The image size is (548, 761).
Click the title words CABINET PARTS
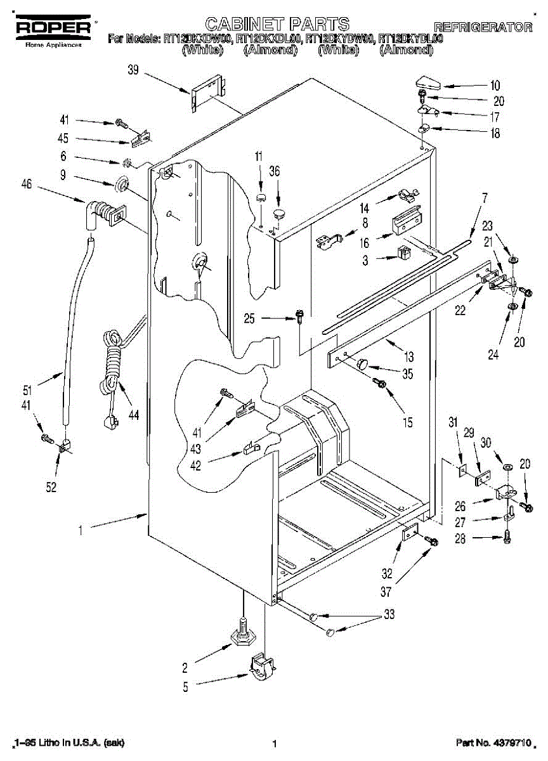(278, 24)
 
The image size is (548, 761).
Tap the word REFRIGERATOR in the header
(483, 27)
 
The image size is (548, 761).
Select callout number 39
(133, 70)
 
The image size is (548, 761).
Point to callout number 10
(494, 86)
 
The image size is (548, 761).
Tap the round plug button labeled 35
(363, 363)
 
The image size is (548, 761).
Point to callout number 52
(51, 487)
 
